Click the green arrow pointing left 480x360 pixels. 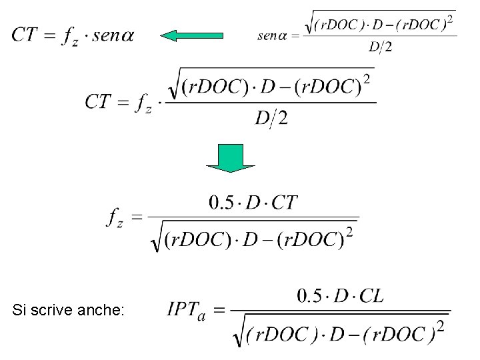click(x=193, y=35)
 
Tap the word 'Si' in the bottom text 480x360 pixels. click(x=19, y=310)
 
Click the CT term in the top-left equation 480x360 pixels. click(x=23, y=35)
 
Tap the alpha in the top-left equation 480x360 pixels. click(x=125, y=35)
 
